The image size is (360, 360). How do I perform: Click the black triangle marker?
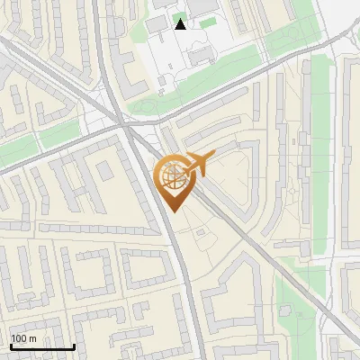point(180,23)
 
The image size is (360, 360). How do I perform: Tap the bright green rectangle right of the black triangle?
point(208,22)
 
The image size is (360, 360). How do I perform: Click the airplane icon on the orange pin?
point(196,164)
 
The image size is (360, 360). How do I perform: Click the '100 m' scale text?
point(24,338)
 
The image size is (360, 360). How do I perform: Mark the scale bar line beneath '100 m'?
point(42,346)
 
